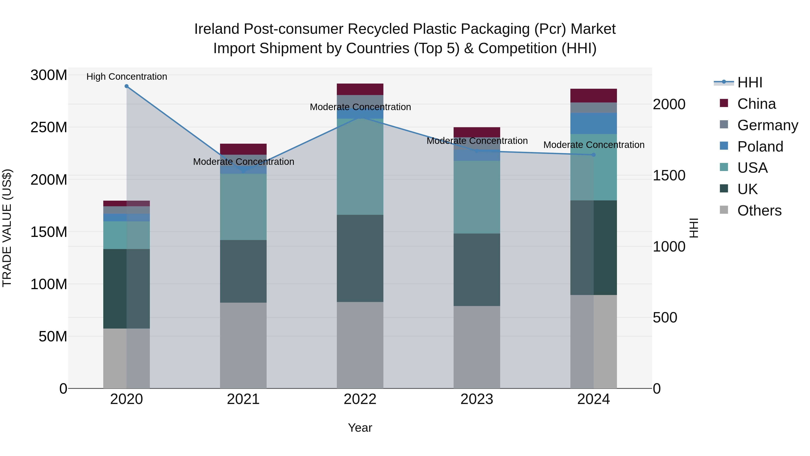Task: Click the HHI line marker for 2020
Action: [126, 86]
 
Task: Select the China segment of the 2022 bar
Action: [360, 89]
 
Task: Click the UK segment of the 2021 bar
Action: [243, 271]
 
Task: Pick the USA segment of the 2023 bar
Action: [477, 197]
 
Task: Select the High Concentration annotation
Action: [127, 77]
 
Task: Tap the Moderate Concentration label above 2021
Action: [244, 162]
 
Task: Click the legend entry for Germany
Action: [767, 125]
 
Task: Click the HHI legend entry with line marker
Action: [750, 82]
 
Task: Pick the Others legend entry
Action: [759, 211]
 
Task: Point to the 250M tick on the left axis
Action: [49, 127]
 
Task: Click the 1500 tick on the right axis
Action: [669, 176]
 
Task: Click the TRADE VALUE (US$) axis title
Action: [7, 228]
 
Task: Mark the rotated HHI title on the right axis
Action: [693, 228]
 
